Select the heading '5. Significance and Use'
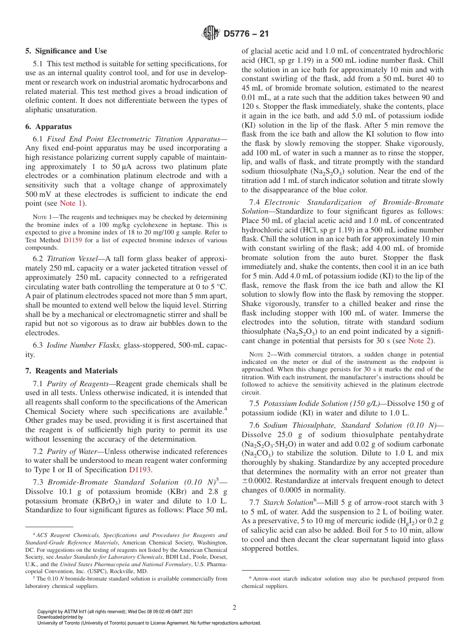tap(66, 51)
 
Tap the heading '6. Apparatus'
tap(48, 127)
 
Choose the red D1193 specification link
tap(141, 470)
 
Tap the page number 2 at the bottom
tap(234, 608)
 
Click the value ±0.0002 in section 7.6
tap(258, 481)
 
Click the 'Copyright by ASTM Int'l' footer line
tap(115, 612)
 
